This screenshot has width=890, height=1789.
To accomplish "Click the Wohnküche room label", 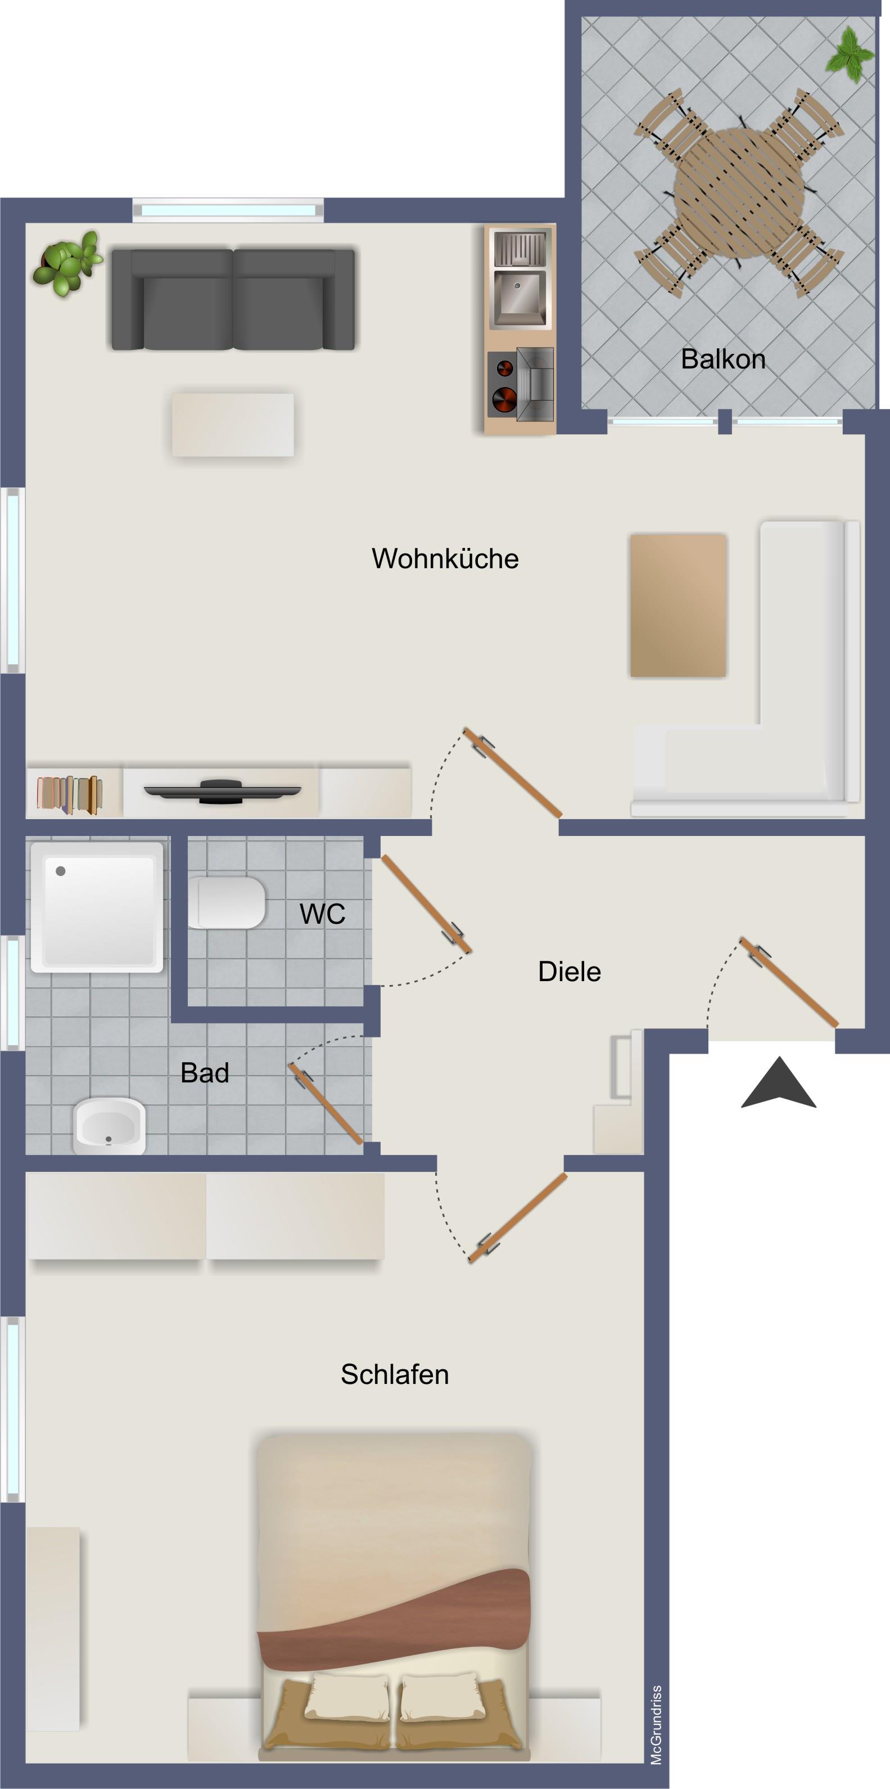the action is (x=445, y=559).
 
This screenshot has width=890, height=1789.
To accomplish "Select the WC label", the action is (x=322, y=914).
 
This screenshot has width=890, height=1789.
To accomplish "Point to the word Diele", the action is (x=570, y=971).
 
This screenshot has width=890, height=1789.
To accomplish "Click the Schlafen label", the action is (x=394, y=1374).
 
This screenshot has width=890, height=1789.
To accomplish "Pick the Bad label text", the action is (x=204, y=1072).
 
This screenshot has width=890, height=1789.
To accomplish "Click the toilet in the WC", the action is (x=227, y=902).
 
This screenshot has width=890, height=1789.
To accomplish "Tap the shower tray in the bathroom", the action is (x=97, y=907).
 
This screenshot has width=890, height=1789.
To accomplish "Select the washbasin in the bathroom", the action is (x=109, y=1126).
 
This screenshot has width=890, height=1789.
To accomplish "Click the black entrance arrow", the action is (x=778, y=1084).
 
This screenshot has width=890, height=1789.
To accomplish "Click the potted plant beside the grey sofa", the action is (x=67, y=263).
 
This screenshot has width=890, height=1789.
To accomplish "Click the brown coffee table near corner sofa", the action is (x=677, y=605).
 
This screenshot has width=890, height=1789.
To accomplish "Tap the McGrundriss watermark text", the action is (x=656, y=1724).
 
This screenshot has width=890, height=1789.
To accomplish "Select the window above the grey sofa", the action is (x=228, y=210).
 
